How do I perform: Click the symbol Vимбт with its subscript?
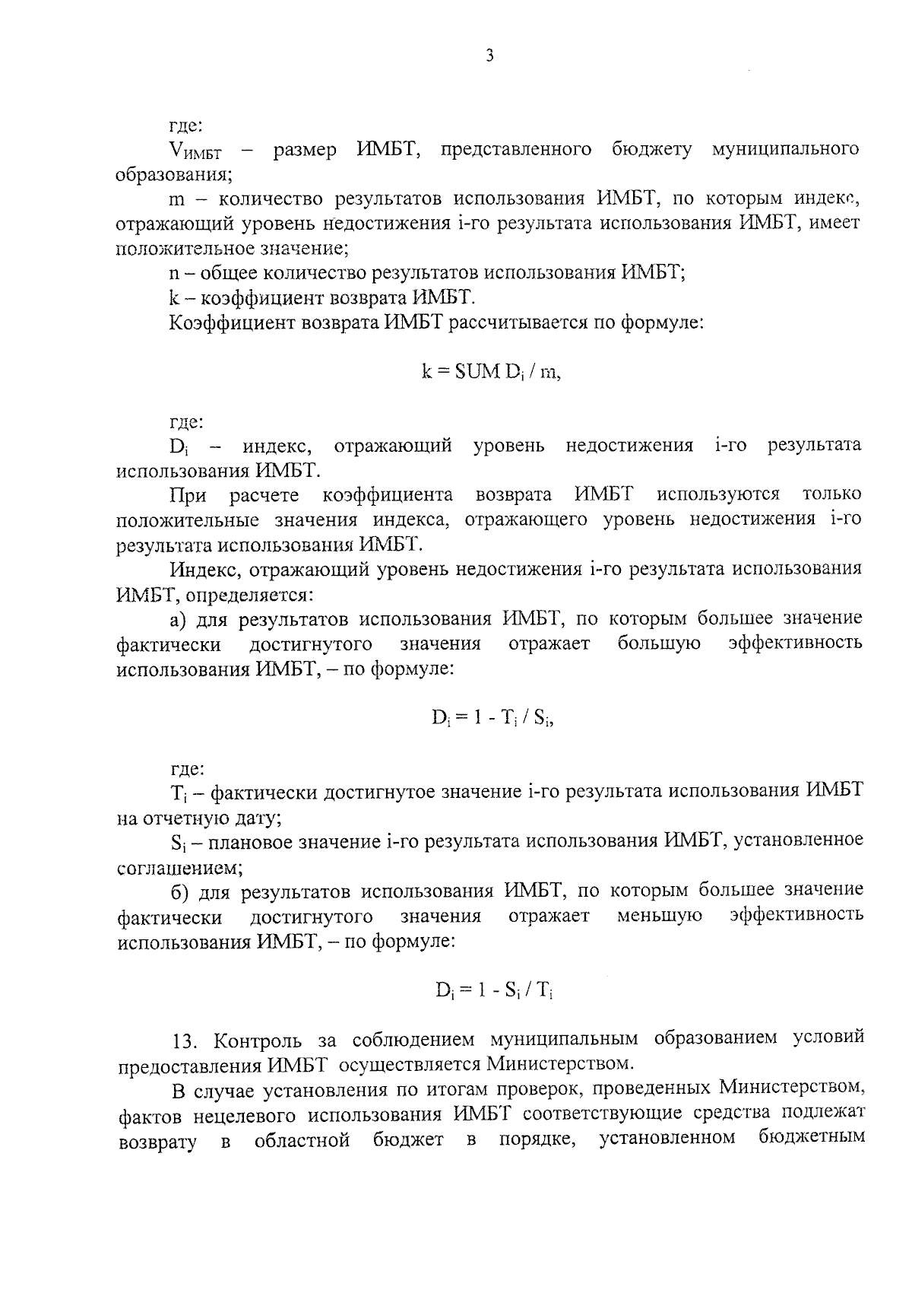(196, 151)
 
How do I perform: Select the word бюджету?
(652, 150)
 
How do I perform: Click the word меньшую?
(659, 915)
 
